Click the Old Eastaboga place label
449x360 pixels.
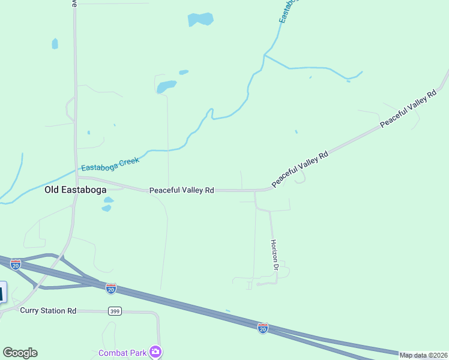point(76,190)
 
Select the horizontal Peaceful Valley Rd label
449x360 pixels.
point(182,190)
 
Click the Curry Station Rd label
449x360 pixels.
point(48,311)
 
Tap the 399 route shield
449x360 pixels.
point(115,311)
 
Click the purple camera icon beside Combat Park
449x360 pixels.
point(156,352)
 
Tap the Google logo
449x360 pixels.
point(20,353)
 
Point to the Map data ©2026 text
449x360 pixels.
point(423,355)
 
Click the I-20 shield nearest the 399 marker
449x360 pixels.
point(111,289)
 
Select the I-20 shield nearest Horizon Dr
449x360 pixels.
point(262,328)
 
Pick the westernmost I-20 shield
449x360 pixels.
point(16,264)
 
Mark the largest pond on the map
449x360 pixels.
point(200,19)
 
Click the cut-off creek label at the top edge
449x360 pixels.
point(289,11)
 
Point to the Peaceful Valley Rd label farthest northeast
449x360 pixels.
point(408,109)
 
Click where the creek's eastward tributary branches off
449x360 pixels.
point(264,55)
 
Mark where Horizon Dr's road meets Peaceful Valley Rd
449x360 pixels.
point(255,191)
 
